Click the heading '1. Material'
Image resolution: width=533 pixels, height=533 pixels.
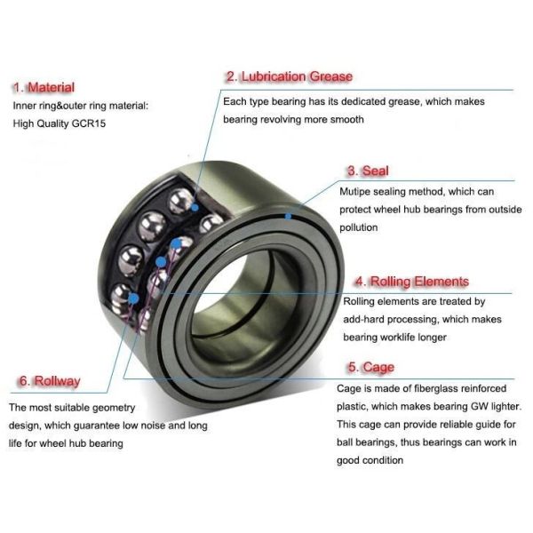pos(43,87)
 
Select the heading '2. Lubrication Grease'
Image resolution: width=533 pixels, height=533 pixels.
pos(289,76)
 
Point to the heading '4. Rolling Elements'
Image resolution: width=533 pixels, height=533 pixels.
pos(411,282)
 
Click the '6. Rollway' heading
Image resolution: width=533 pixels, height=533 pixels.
pos(49,381)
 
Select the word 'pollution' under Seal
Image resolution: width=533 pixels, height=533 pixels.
pos(362,227)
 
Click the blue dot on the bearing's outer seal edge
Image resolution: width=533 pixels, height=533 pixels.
pos(288,214)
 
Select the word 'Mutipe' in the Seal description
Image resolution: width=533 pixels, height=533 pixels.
pos(355,191)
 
